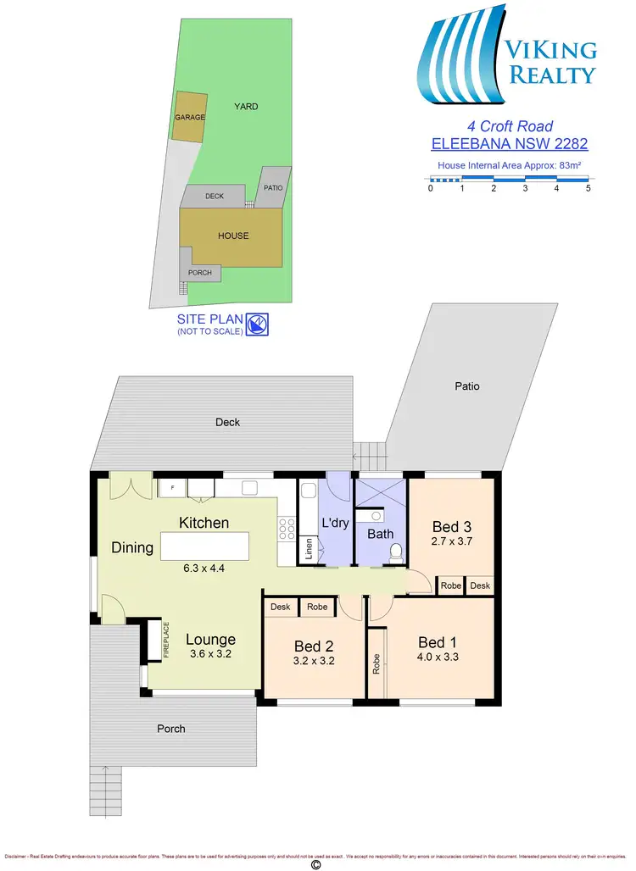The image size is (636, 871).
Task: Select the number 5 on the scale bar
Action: click(588, 189)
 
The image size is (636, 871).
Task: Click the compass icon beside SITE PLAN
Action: click(258, 323)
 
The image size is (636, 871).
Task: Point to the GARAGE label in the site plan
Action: click(190, 117)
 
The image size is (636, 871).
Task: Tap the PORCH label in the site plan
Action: click(200, 273)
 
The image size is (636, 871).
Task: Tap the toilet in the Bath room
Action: click(394, 552)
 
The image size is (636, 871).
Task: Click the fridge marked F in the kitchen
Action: click(172, 488)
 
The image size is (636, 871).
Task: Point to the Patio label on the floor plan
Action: click(466, 386)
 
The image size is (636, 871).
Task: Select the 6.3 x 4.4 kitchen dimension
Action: click(204, 569)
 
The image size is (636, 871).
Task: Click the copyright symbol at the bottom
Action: click(316, 864)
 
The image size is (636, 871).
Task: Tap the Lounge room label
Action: click(210, 640)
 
